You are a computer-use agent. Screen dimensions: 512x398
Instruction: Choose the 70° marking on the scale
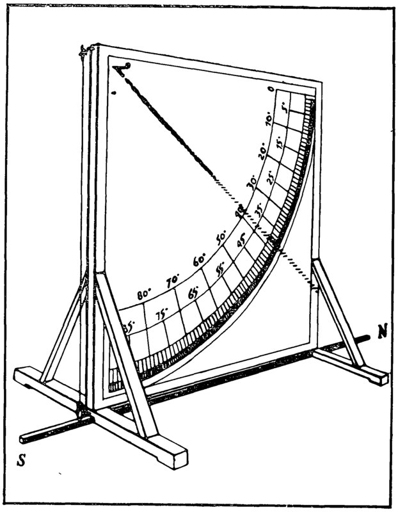[x=172, y=280]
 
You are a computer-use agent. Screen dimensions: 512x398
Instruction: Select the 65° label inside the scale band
[x=193, y=294]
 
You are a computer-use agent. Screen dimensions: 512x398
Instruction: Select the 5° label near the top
[x=286, y=116]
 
